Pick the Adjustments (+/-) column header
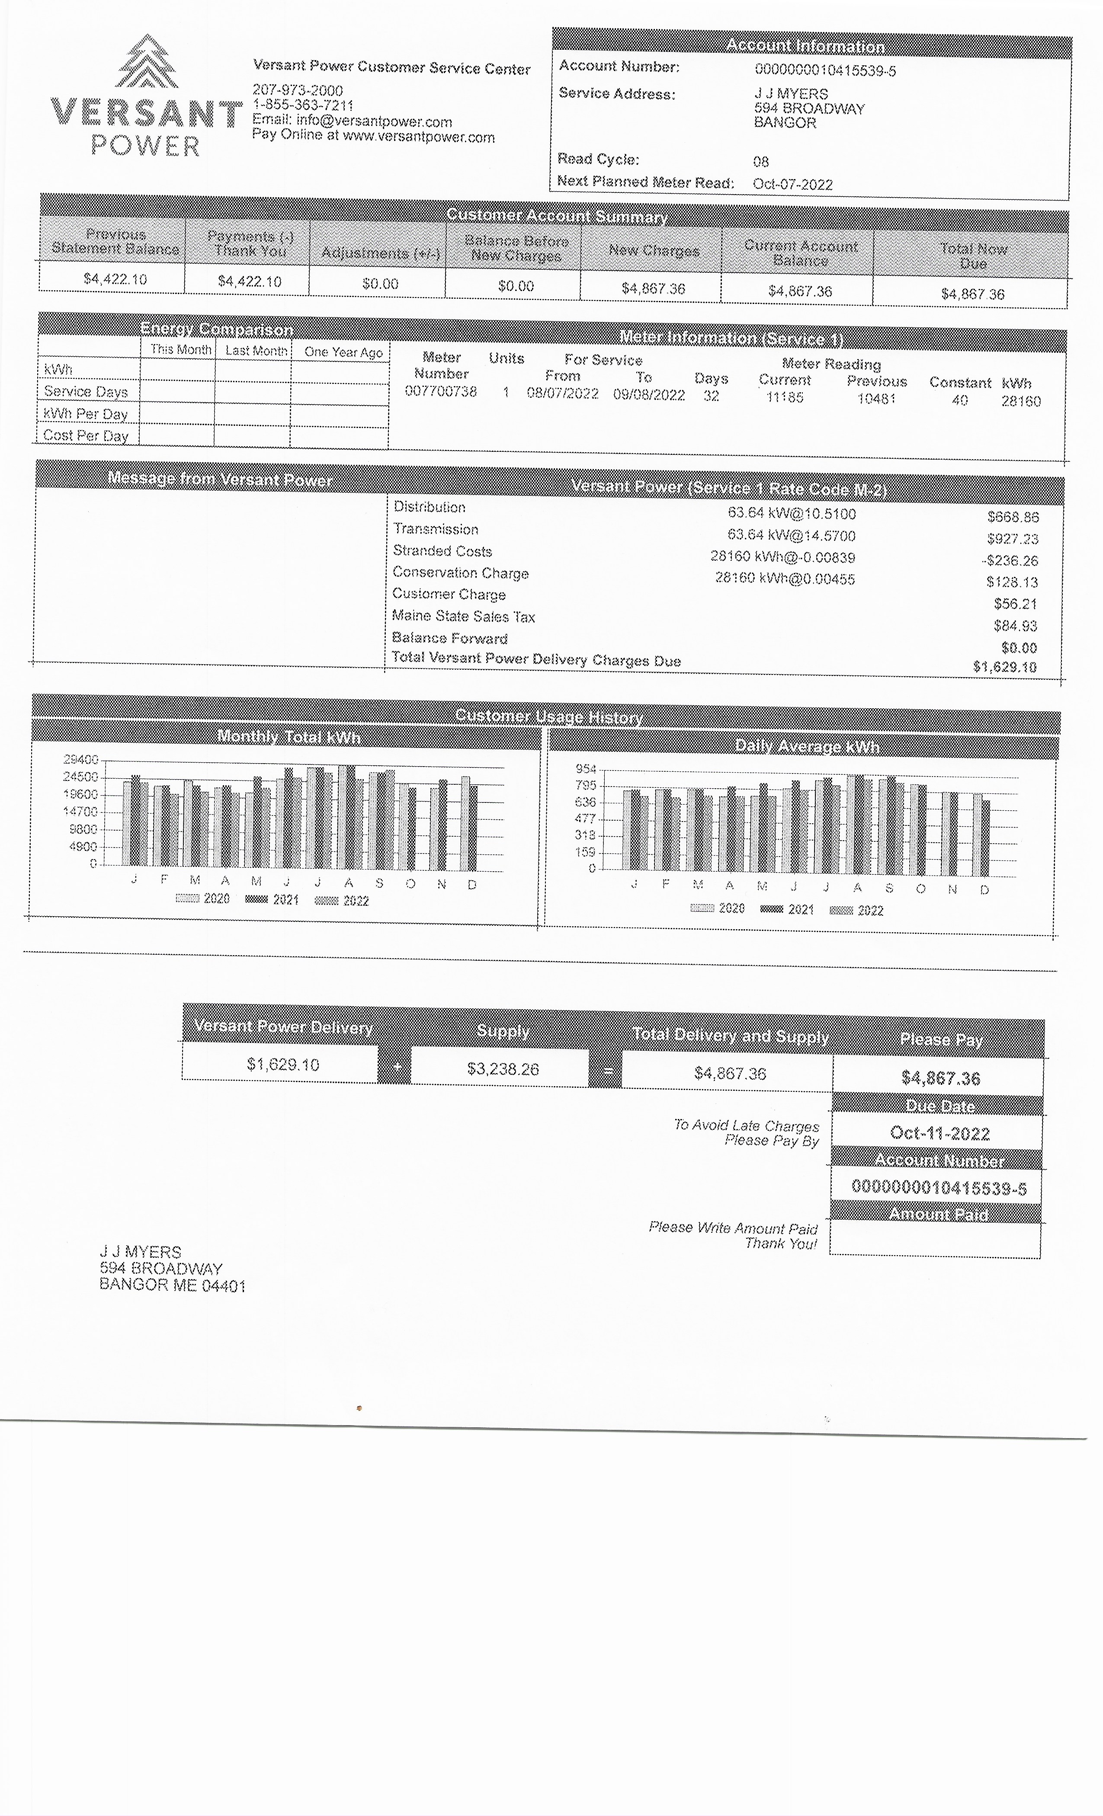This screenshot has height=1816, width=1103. (x=381, y=253)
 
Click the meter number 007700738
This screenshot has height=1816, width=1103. (x=441, y=391)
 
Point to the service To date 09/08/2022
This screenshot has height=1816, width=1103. (x=649, y=395)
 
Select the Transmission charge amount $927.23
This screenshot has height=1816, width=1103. (x=1012, y=539)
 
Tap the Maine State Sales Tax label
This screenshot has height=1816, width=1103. (x=463, y=616)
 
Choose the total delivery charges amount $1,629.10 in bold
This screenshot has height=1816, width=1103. (x=1004, y=667)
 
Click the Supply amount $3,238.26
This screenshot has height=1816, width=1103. (x=503, y=1069)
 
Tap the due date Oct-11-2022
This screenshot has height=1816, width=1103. (x=939, y=1134)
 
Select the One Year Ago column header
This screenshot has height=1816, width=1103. (x=343, y=352)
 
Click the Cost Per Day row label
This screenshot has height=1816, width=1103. (x=86, y=435)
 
